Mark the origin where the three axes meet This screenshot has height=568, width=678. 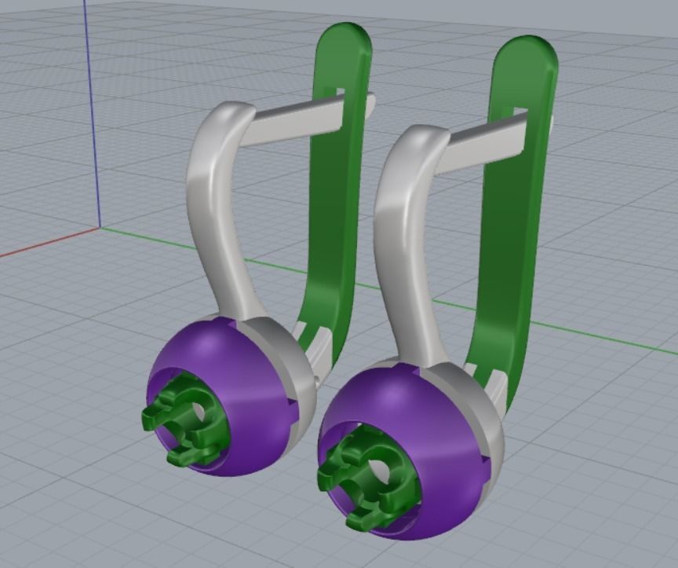99,229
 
